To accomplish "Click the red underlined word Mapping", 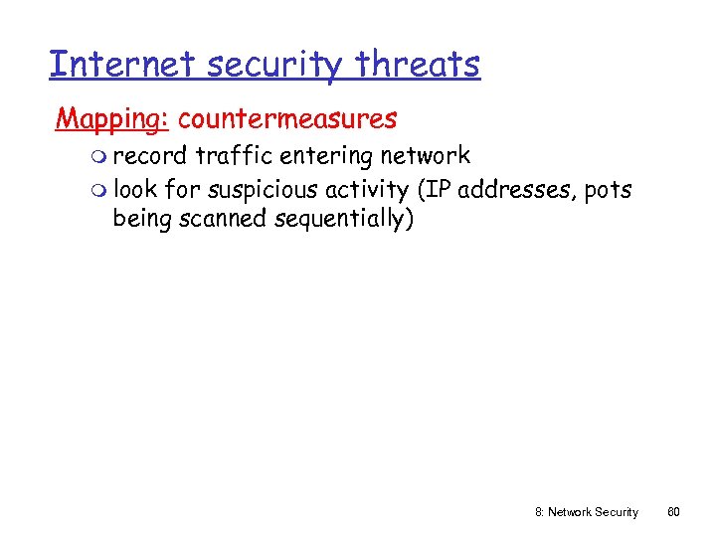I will [112, 119].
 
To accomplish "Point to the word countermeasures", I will [287, 119].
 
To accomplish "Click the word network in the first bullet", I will [426, 156].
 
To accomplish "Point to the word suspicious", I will [266, 190].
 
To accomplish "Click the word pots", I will [608, 190].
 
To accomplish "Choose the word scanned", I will [217, 218].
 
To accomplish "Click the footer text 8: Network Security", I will [585, 512].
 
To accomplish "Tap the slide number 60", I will [673, 512].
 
